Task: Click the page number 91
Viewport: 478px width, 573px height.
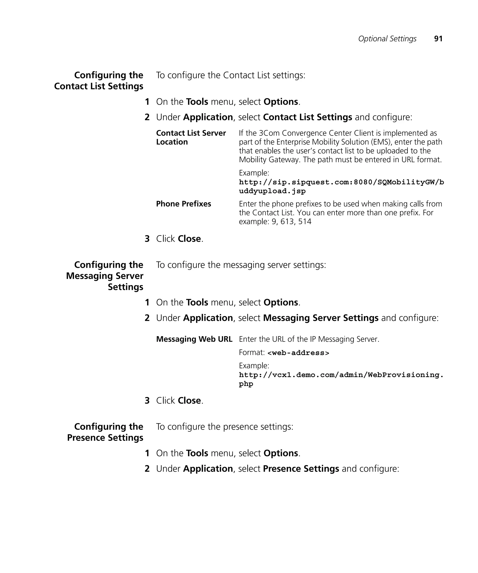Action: coord(438,39)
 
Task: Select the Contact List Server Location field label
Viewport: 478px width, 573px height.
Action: coord(191,137)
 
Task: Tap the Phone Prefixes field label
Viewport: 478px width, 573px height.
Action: coord(183,204)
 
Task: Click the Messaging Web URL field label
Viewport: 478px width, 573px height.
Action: coord(194,339)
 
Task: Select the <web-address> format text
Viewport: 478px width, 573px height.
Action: coord(298,353)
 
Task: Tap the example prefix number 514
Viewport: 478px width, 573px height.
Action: coord(305,221)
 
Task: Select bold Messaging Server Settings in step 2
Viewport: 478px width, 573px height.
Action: coord(320,318)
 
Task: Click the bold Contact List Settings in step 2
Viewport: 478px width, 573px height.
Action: coord(307,117)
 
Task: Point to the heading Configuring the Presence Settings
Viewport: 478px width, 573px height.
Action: coord(105,432)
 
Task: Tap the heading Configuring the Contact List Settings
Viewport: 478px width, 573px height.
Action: coord(99,81)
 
